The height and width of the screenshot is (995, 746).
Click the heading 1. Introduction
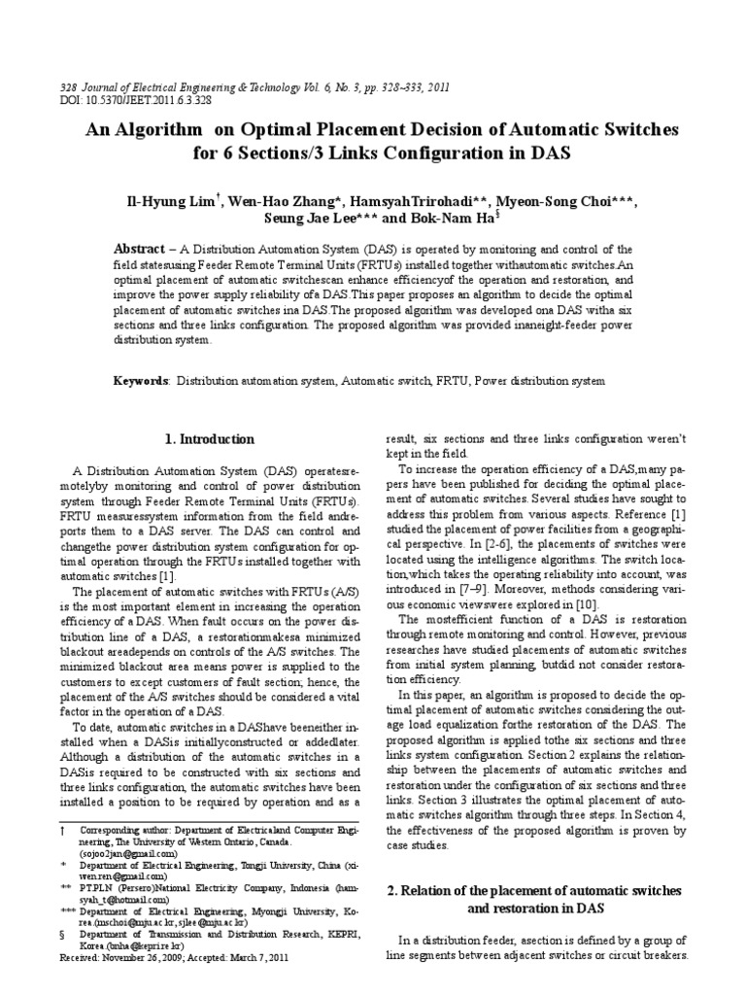click(210, 439)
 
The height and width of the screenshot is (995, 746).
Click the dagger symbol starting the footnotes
click(63, 832)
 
